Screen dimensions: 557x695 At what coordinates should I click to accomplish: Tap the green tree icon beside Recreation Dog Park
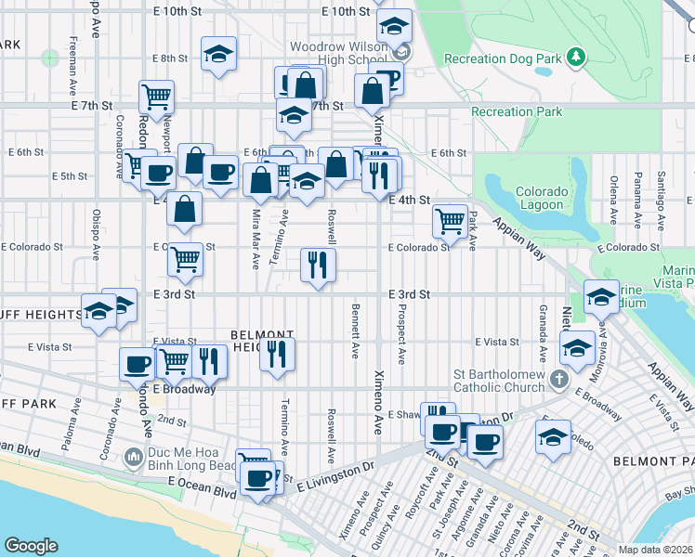(577, 58)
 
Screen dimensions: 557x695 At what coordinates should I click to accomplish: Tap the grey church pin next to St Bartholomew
(557, 378)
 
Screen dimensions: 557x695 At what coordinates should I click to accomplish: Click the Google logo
(31, 546)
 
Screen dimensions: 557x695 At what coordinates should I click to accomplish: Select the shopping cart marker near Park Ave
(451, 221)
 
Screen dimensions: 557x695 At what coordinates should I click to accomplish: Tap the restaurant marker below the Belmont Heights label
(278, 355)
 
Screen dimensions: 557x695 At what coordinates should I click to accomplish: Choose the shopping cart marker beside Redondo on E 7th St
(157, 96)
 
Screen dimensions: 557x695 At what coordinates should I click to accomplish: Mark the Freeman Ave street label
(72, 61)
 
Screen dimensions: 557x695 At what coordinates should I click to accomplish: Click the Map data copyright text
(654, 550)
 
